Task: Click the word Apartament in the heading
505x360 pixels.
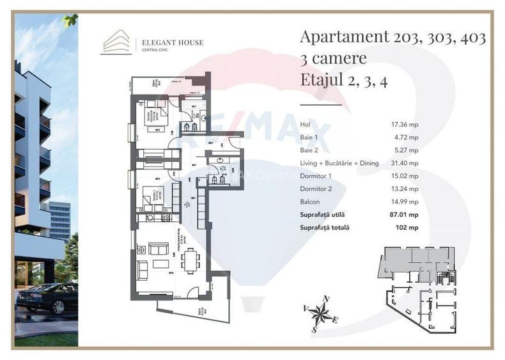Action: (342, 37)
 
